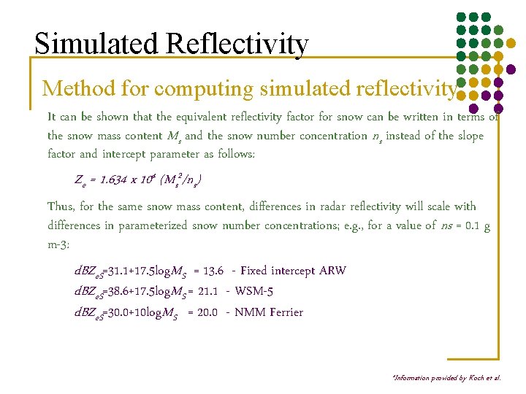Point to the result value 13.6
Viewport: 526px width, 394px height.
pyautogui.click(x=213, y=271)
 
